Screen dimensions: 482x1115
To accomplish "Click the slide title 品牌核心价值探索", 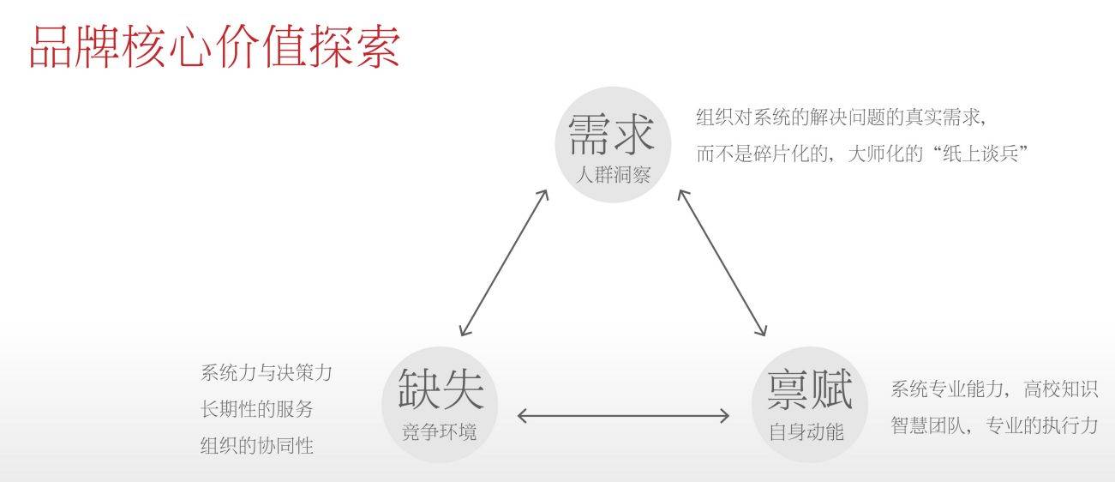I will [x=214, y=46].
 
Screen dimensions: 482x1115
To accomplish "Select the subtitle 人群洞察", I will [x=613, y=176].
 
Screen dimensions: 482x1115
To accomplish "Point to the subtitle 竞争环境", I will [x=440, y=431].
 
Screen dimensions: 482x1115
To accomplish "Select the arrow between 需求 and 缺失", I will [x=504, y=262].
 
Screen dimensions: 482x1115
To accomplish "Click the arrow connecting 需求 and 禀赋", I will [x=722, y=262].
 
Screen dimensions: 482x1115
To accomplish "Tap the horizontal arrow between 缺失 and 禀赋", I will [x=623, y=416].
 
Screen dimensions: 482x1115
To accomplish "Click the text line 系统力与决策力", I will [x=266, y=373].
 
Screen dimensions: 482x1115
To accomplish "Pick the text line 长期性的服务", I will [x=257, y=409].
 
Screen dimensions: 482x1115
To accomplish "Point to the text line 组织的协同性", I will [x=257, y=446].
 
